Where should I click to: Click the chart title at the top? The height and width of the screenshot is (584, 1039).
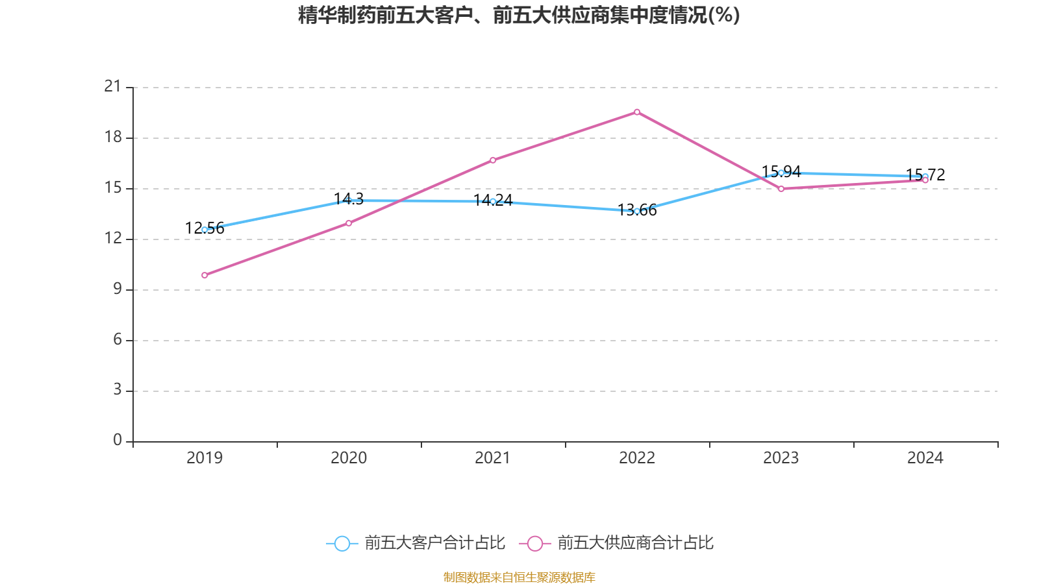click(x=519, y=15)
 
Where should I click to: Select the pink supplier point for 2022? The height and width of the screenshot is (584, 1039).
click(x=637, y=112)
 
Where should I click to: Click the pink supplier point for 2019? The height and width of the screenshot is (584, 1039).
click(x=205, y=275)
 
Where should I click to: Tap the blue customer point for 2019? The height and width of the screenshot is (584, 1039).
click(x=205, y=230)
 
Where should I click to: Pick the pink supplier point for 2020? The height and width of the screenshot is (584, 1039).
click(x=349, y=223)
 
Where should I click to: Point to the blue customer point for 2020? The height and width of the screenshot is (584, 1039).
click(x=349, y=201)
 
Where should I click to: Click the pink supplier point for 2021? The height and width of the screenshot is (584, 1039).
click(x=493, y=160)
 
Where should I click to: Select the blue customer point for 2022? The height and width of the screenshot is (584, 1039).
click(x=637, y=212)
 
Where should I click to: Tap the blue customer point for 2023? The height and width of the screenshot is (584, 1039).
click(x=781, y=173)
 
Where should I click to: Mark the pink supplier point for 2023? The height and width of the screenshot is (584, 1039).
click(x=781, y=189)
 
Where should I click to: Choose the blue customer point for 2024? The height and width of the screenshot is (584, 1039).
click(x=925, y=176)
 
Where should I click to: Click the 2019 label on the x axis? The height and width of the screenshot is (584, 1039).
click(x=205, y=458)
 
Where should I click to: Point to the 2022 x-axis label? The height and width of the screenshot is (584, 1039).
click(x=637, y=458)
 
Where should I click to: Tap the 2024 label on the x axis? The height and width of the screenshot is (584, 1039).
click(x=925, y=458)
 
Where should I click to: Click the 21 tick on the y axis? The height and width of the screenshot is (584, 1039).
click(x=113, y=86)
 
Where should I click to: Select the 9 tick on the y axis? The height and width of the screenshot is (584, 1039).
click(x=118, y=289)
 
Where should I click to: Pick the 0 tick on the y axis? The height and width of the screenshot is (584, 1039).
click(x=118, y=441)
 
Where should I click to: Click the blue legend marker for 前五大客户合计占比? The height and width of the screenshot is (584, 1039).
click(x=342, y=543)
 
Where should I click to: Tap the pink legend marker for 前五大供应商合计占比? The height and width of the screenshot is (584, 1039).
click(x=534, y=543)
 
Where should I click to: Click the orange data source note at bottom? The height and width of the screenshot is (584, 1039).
click(x=519, y=577)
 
